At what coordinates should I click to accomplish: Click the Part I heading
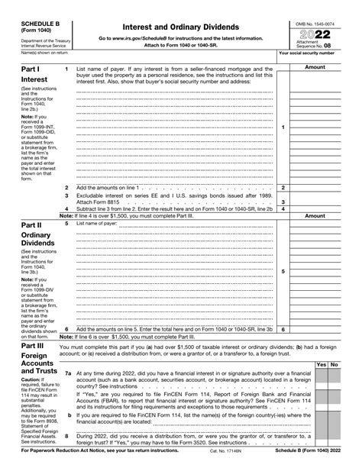click(30, 69)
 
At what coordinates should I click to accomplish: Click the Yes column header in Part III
click(321, 365)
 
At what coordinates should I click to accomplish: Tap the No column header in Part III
click(334, 365)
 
